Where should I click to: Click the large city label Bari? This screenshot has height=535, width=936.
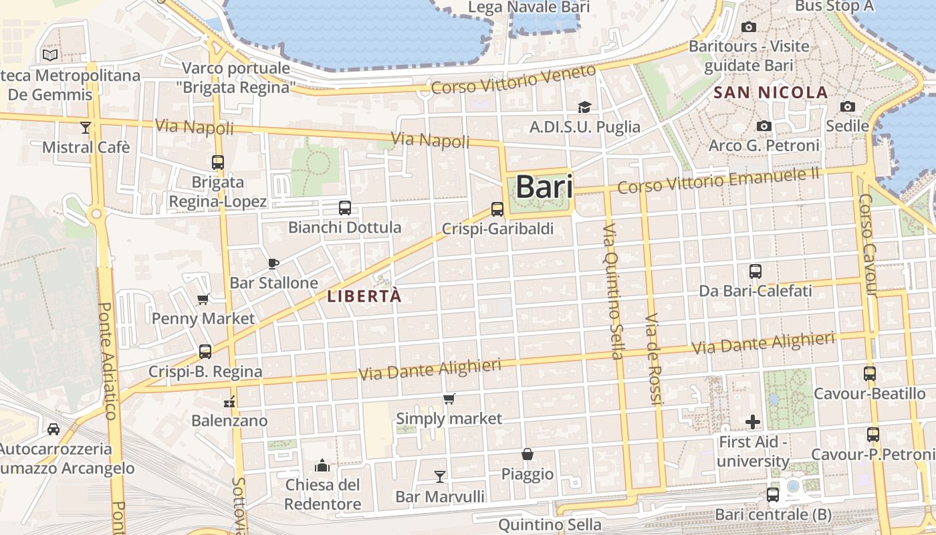click(x=544, y=187)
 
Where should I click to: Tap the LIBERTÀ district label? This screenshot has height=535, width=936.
click(x=365, y=296)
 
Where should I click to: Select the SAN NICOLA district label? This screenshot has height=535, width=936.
click(x=771, y=92)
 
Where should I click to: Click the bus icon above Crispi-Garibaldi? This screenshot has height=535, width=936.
click(x=497, y=209)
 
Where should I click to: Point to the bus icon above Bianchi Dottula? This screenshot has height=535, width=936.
click(x=345, y=207)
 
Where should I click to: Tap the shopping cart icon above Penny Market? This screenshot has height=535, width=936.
click(x=203, y=299)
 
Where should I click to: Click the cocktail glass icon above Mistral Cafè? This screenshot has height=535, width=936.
click(x=86, y=127)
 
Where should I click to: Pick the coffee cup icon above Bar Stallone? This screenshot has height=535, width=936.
click(x=273, y=263)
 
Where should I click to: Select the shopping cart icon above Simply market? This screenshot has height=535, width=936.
click(x=449, y=399)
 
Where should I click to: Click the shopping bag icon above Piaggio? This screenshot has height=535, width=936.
click(x=528, y=454)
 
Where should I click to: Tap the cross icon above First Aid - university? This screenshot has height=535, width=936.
click(x=753, y=422)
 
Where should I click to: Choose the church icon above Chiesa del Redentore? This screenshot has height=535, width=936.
click(x=322, y=465)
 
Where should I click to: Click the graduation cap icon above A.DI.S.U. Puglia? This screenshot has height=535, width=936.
click(x=584, y=107)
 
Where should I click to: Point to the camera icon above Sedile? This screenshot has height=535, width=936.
click(x=847, y=106)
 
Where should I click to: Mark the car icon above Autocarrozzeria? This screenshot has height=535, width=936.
click(x=53, y=429)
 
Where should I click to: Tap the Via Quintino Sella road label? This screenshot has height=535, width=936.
click(x=612, y=292)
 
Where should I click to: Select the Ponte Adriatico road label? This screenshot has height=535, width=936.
click(x=107, y=361)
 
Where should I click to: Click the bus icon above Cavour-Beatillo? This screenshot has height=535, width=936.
click(x=869, y=374)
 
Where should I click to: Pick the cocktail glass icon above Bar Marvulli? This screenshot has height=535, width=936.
click(x=439, y=476)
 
